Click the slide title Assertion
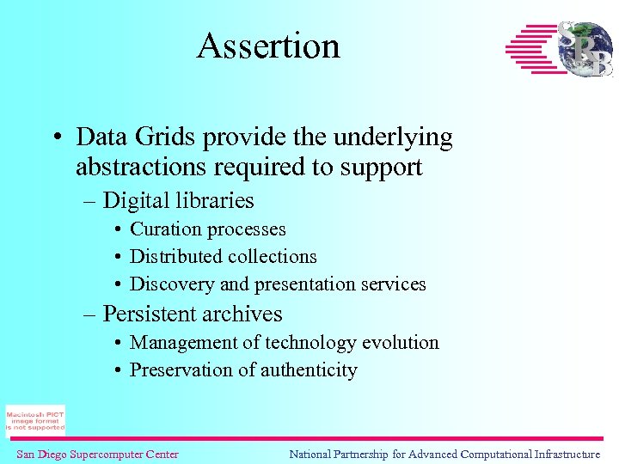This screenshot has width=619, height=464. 268,46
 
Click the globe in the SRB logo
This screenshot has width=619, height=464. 585,50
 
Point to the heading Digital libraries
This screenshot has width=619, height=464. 178,201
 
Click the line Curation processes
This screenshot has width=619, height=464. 207,229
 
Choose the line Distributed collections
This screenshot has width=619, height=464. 223,257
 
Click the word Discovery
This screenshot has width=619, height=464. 168,284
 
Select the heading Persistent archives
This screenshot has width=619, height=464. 192,314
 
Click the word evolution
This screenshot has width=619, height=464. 400,343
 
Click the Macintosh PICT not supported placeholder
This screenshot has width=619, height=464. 35,420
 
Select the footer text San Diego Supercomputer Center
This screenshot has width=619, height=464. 97,454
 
